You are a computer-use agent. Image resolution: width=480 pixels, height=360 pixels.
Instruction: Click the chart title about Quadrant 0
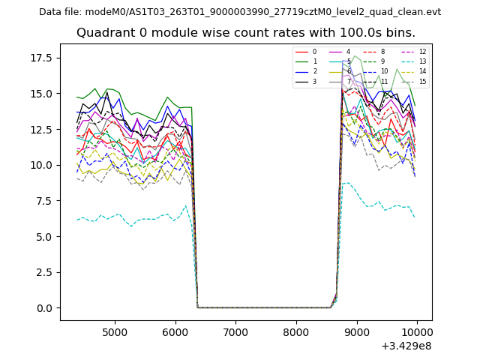pos(245,33)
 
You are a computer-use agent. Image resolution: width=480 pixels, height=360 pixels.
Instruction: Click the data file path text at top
pos(240,12)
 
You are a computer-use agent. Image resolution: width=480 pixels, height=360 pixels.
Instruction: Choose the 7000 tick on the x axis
pos(235,331)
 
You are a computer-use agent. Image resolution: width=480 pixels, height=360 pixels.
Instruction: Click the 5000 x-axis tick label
pos(115,331)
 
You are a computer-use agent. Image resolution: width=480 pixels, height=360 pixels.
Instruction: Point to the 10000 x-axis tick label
pos(417,331)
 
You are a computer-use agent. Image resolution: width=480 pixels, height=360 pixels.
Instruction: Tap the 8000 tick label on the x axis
pos(296,331)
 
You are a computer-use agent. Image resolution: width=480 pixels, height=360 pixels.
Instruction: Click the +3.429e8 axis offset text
pos(406,346)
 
